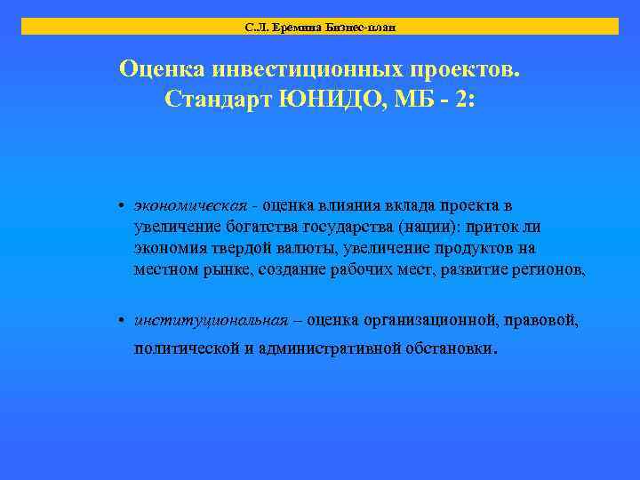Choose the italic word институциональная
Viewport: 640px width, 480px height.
(x=211, y=320)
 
